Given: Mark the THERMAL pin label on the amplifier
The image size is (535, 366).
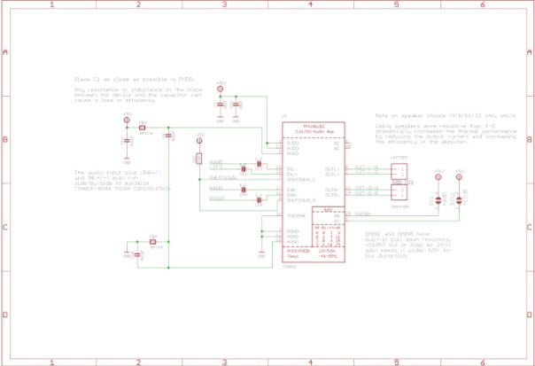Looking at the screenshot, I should pyautogui.click(x=297, y=215).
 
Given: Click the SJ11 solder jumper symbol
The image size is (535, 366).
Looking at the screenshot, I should pyautogui.click(x=436, y=199).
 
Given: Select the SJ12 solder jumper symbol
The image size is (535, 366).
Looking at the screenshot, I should pyautogui.click(x=459, y=199).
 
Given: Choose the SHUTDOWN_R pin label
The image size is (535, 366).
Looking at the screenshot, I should pyautogui.click(x=302, y=201).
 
